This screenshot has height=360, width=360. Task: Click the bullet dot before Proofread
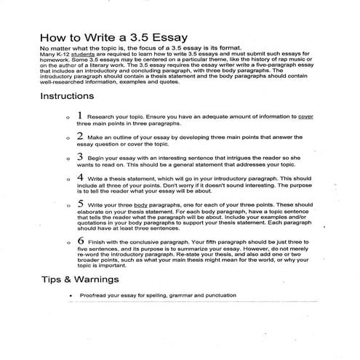(88, 296)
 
